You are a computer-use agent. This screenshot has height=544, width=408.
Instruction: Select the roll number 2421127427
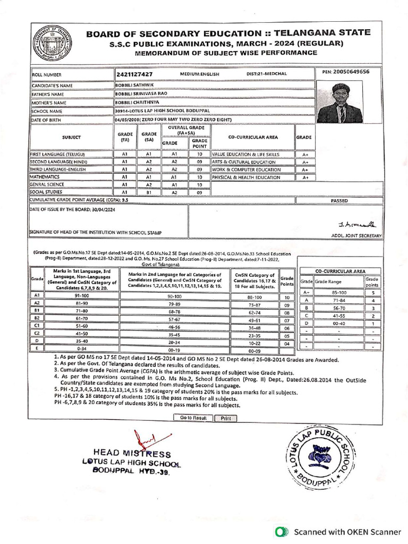pyautogui.click(x=134, y=74)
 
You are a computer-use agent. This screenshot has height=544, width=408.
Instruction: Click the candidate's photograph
pyautogui.click(x=341, y=103)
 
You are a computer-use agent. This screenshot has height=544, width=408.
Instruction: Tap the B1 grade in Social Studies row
pyautogui.click(x=149, y=192)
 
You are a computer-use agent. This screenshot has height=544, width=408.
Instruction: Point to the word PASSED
pyautogui.click(x=339, y=201)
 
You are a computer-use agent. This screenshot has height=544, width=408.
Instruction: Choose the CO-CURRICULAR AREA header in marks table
pyautogui.click(x=340, y=271)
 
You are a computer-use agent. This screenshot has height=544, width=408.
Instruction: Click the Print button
pyautogui.click(x=225, y=418)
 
